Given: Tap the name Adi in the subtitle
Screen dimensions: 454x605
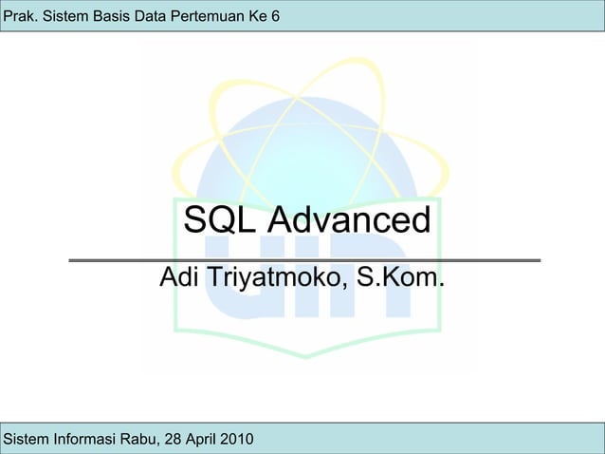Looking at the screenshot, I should click(x=179, y=278).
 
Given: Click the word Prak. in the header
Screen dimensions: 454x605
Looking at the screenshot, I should click(x=21, y=15).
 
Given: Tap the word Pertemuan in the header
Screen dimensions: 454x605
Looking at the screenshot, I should click(x=209, y=15).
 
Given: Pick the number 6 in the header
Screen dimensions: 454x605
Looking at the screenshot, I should click(x=273, y=15).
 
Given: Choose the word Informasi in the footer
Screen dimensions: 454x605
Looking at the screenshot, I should click(x=82, y=439).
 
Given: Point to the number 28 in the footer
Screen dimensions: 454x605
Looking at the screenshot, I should click(x=174, y=439).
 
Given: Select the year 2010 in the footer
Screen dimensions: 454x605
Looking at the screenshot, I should click(x=237, y=439).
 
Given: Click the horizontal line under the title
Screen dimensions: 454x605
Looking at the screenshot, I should click(x=303, y=259).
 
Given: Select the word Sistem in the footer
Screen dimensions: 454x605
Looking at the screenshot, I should click(x=25, y=439).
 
